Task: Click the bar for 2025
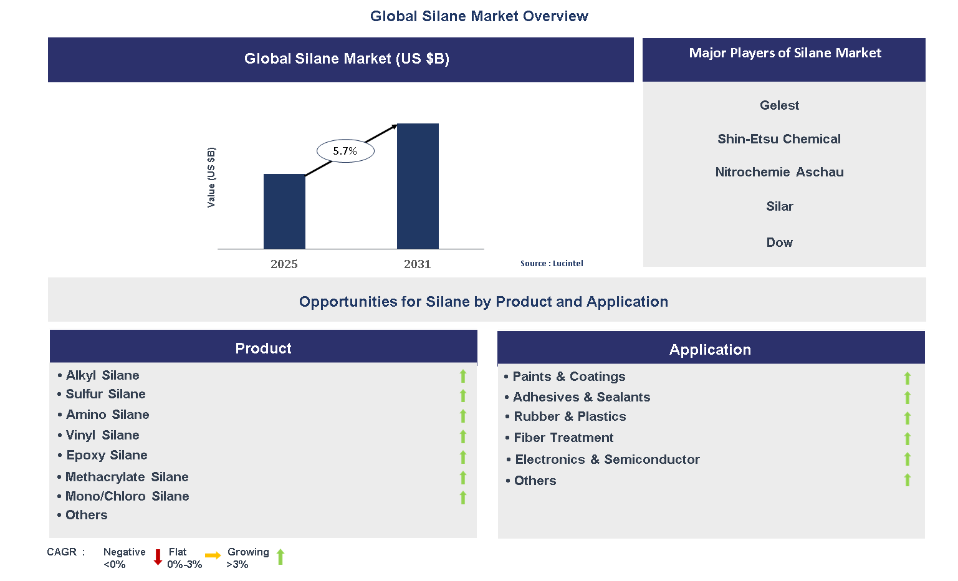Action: coord(284,211)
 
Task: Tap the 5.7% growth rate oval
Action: coord(345,151)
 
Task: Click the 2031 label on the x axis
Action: coord(417,264)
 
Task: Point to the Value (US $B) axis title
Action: coord(211,178)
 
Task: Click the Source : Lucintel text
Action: coord(552,264)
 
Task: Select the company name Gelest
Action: coord(779,105)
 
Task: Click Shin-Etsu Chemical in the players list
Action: coord(779,139)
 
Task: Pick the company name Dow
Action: coord(779,242)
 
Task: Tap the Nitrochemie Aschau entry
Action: coord(779,172)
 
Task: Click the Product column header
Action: coord(263,348)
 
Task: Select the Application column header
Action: coord(710,350)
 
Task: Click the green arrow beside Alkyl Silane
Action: coord(463,376)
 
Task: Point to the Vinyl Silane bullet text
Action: coord(103,435)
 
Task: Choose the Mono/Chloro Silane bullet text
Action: coord(127,496)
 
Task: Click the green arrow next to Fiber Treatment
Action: coord(908,439)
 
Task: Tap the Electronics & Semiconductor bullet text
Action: coord(607,459)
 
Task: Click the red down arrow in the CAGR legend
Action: coord(158,557)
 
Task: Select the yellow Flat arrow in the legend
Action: coord(213,555)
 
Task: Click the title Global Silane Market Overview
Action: coord(479,16)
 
